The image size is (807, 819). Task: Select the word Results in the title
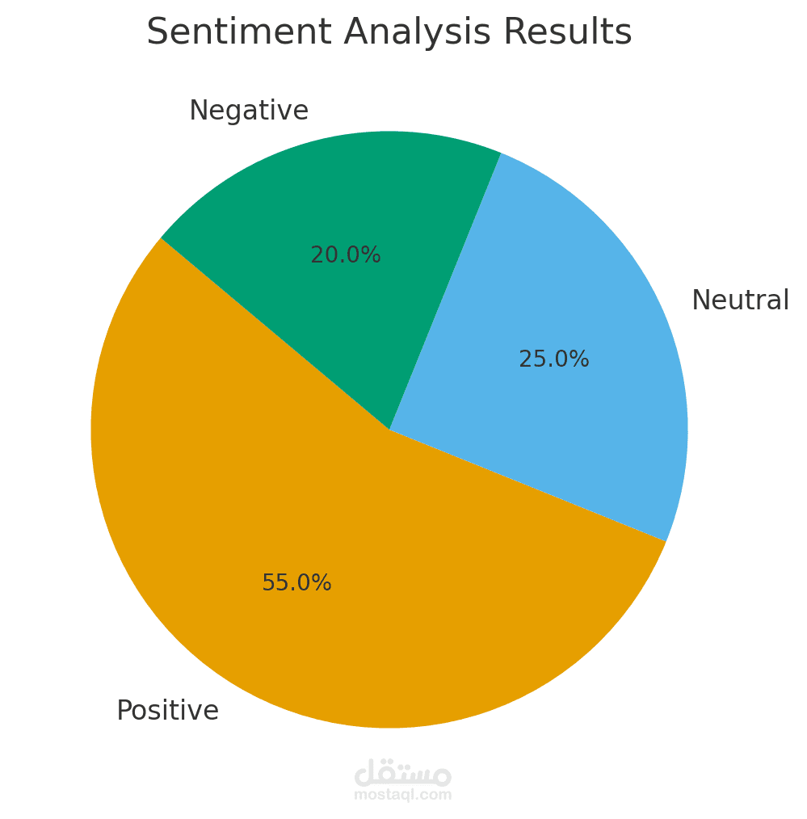coord(568,33)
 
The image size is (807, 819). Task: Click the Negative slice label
coord(249,111)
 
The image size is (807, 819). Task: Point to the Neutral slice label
coord(740,300)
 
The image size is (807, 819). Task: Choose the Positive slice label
coord(167,711)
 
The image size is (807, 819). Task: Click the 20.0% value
coord(345,255)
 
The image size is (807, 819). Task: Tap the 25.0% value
coord(553,359)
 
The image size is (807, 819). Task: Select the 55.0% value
coord(296,583)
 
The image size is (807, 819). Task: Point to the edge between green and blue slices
coord(445,291)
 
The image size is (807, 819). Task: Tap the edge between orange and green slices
coord(275,334)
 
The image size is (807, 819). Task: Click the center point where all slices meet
coord(389,429)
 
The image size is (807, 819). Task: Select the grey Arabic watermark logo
coord(402,773)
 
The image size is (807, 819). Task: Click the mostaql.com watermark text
coord(402,796)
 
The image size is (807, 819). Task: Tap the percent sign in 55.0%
coord(322,583)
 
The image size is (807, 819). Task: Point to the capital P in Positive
coord(123,711)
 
